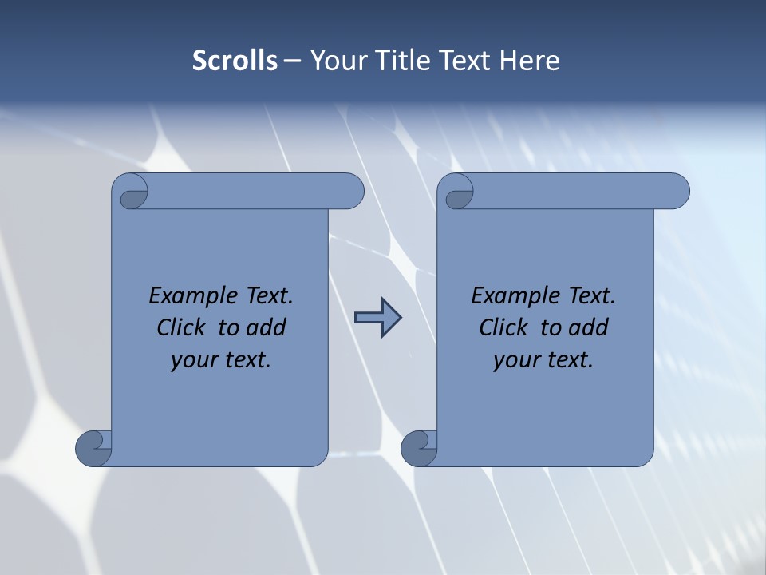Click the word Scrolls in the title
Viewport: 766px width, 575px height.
(235, 61)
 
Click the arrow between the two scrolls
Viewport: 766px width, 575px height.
(378, 318)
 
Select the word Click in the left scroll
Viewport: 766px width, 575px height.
(176, 327)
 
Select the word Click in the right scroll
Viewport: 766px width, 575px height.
(498, 327)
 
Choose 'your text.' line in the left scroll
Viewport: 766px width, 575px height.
(221, 359)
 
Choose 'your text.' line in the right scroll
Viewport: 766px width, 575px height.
(543, 359)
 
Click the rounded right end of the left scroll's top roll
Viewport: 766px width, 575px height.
(351, 192)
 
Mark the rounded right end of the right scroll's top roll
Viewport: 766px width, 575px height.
(677, 192)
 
